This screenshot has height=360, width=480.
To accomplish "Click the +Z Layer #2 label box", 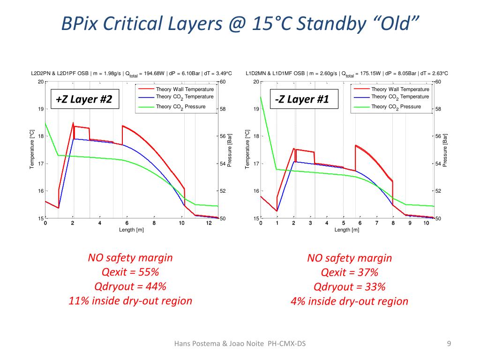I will coord(84,99).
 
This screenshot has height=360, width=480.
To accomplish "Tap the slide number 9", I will coord(449,345).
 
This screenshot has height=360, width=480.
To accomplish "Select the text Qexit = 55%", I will coord(130,272).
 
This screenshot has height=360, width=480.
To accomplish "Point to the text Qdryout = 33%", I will coord(349,287).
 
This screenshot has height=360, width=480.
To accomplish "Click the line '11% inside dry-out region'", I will coord(130,300).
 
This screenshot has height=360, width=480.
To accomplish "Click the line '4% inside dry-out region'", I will coord(349,301).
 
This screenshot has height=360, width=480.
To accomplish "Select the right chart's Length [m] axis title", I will coord(347,230).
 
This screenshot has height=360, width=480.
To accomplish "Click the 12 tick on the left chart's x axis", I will coord(209,223).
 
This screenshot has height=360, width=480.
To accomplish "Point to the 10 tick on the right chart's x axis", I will coord(426,223).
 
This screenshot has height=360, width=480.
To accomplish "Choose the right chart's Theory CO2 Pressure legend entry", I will coord(396,107).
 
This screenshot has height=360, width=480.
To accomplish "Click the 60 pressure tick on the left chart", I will coord(223,82).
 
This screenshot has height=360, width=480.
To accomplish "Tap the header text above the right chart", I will coord(347,74).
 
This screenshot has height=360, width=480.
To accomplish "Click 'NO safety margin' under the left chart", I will coord(130,257).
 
